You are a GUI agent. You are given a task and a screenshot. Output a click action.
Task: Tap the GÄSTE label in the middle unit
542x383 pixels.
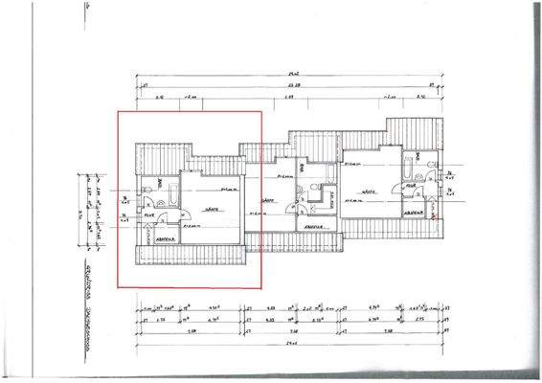(x=269, y=200)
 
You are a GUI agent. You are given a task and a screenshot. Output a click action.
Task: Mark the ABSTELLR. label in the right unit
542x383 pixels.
(x=415, y=214)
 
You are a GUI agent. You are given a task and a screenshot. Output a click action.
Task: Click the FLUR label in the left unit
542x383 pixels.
(x=149, y=215)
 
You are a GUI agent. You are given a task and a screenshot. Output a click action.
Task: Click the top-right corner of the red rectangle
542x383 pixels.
(x=262, y=111)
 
